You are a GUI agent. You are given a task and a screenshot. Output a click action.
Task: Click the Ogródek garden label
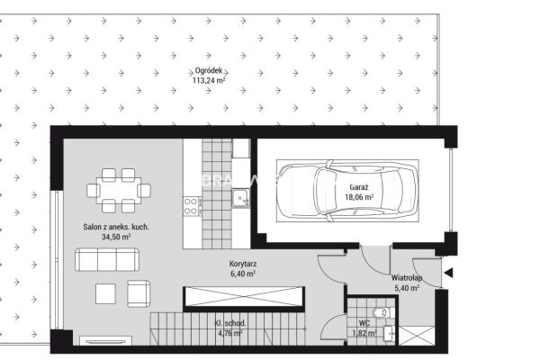pyautogui.click(x=209, y=71)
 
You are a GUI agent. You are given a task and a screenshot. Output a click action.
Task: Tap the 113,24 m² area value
pyautogui.click(x=209, y=80)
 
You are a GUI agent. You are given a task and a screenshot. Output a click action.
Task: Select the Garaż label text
pyautogui.click(x=359, y=187)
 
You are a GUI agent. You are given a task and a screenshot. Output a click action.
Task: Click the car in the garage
pyautogui.click(x=347, y=191)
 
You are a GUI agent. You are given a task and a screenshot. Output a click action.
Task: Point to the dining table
pyautogui.click(x=119, y=191)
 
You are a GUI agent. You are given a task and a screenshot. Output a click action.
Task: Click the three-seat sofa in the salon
pyautogui.click(x=107, y=260)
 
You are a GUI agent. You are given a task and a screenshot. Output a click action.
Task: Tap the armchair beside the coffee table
pyautogui.click(x=139, y=293)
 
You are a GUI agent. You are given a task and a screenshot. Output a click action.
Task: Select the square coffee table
pyautogui.click(x=105, y=293)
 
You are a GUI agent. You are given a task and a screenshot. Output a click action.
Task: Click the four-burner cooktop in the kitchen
pyautogui.click(x=191, y=206)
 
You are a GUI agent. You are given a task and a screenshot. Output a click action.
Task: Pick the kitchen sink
pyautogui.click(x=240, y=199)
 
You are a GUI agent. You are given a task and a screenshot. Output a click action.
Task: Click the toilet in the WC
pyautogui.click(x=382, y=313)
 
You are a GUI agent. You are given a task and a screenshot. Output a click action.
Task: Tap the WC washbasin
pyautogui.click(x=389, y=334)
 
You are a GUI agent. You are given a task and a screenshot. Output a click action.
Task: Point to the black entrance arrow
pyautogui.click(x=448, y=274)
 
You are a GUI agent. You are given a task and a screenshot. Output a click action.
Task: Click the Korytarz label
pyautogui.click(x=243, y=265)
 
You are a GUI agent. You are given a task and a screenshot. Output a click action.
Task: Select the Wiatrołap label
pyautogui.click(x=407, y=278)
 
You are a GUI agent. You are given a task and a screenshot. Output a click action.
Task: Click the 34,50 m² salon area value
pyautogui.click(x=116, y=237)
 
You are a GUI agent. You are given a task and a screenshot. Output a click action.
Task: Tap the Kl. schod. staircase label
pyautogui.click(x=229, y=323)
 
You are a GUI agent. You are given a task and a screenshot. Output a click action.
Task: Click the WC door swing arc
pyautogui.click(x=326, y=324)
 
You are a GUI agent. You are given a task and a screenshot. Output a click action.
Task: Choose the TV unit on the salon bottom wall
pyautogui.click(x=105, y=341)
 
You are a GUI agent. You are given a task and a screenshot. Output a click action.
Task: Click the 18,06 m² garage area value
pyautogui.click(x=359, y=197)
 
